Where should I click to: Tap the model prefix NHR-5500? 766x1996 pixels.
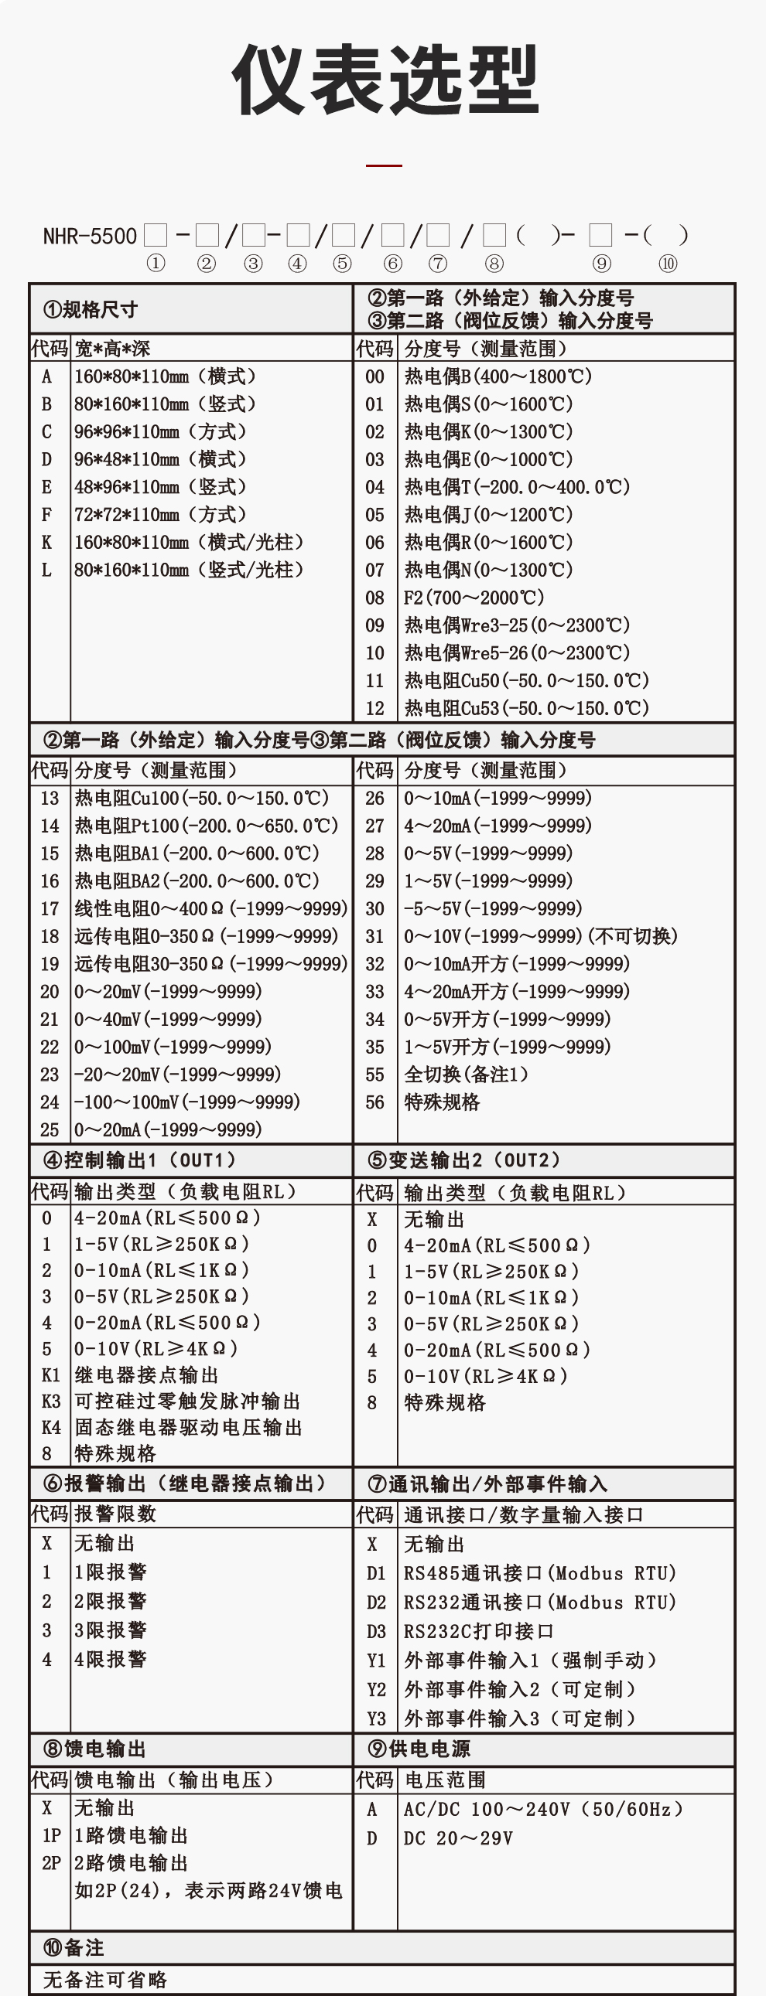click(90, 236)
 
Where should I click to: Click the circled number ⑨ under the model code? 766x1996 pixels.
click(601, 264)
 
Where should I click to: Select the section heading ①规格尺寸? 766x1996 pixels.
click(91, 310)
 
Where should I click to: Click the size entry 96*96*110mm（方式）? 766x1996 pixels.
click(160, 431)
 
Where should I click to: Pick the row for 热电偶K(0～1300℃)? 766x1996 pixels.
click(488, 431)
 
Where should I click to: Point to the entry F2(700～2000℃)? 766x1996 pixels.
click(474, 598)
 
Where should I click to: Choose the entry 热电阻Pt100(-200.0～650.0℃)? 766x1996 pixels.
click(207, 825)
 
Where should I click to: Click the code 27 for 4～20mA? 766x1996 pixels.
click(374, 825)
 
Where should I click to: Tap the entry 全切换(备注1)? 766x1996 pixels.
click(466, 1074)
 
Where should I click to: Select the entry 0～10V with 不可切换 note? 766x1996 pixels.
click(540, 936)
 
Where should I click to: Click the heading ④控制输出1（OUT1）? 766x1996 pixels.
click(139, 1160)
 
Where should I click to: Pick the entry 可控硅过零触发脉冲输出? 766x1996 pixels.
click(186, 1401)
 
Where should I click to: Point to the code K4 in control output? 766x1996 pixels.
click(50, 1427)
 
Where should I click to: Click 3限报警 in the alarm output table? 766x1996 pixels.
click(110, 1630)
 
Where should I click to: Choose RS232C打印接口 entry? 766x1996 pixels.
click(478, 1631)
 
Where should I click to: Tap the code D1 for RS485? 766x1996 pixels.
click(376, 1573)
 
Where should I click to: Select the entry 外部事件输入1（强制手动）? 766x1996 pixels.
click(531, 1660)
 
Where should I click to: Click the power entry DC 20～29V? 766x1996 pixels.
click(458, 1838)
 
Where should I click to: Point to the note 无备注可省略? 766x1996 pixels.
click(104, 1980)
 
